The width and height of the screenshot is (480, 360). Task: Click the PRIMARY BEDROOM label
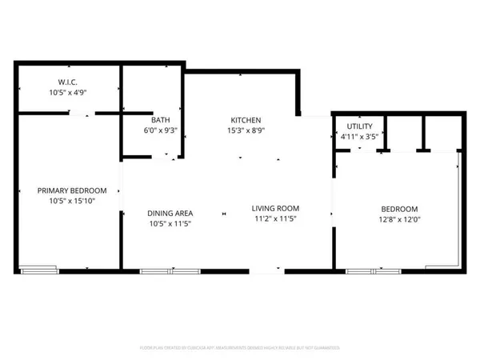click(x=72, y=190)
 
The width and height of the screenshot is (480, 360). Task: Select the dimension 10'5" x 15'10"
click(x=72, y=201)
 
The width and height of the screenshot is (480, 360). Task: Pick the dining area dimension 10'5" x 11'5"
click(x=170, y=223)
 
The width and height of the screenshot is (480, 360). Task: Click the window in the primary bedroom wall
click(x=39, y=270)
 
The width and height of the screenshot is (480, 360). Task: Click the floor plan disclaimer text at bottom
click(x=240, y=348)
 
